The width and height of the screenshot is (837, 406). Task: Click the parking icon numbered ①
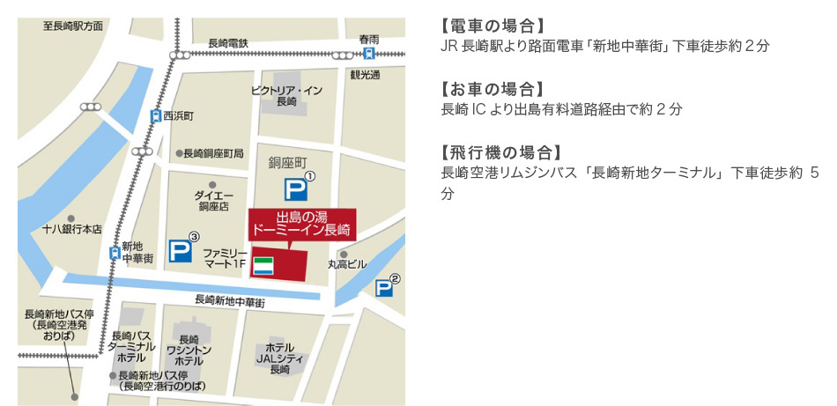pyautogui.click(x=295, y=189)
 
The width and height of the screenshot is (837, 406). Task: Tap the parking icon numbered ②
pyautogui.click(x=384, y=288)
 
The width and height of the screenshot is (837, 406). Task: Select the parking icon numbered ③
pyautogui.click(x=181, y=251)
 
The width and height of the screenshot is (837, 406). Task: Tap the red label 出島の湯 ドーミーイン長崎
pyautogui.click(x=301, y=224)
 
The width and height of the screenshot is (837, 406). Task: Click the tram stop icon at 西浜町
pyautogui.click(x=156, y=115)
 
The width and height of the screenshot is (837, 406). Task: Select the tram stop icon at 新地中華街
pyautogui.click(x=114, y=253)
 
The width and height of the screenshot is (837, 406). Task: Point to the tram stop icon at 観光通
pyautogui.click(x=368, y=54)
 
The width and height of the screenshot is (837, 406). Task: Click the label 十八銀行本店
pyautogui.click(x=72, y=229)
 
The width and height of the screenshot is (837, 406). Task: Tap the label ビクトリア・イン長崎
pyautogui.click(x=286, y=95)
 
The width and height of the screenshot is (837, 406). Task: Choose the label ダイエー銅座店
pyautogui.click(x=212, y=201)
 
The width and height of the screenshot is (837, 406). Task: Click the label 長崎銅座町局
pyautogui.click(x=213, y=153)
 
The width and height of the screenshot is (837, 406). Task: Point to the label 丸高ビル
pyautogui.click(x=347, y=263)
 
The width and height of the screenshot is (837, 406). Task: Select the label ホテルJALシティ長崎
pyautogui.click(x=280, y=358)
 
